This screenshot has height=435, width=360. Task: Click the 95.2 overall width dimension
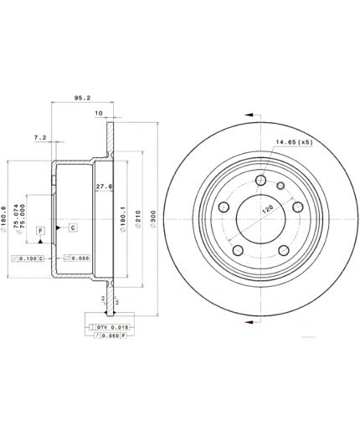pos(82,97)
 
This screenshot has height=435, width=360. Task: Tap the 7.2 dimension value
pos(40,136)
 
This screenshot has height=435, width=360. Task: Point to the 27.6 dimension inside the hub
pos(104,186)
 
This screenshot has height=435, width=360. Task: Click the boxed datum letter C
pos(72,228)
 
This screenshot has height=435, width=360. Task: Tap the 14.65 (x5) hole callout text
pos(290,151)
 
